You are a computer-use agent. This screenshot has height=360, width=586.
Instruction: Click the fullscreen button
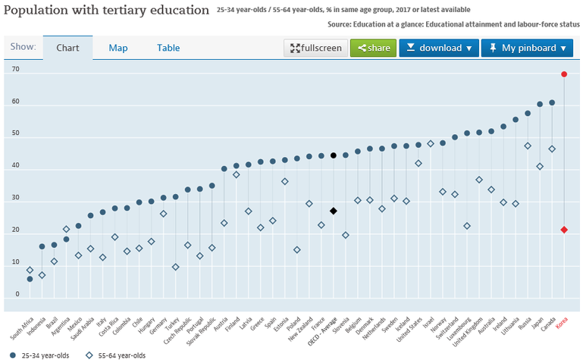tap(315, 48)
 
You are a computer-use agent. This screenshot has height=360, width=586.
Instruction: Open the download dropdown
tap(438, 48)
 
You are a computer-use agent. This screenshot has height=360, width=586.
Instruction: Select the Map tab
tap(118, 48)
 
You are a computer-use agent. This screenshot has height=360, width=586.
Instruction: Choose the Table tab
tap(168, 48)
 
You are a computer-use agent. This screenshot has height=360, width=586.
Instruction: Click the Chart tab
tap(68, 48)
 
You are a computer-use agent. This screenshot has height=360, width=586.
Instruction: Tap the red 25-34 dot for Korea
tap(564, 74)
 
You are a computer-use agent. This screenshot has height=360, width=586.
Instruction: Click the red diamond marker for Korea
tap(564, 230)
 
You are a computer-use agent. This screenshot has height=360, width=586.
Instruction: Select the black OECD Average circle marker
tap(333, 155)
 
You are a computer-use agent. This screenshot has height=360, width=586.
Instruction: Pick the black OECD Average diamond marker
tap(333, 211)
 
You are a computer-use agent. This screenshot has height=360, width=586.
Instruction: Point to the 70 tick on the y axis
tap(14, 69)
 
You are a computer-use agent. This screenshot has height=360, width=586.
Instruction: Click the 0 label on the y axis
tap(17, 294)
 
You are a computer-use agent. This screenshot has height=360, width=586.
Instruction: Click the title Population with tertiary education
tap(106, 11)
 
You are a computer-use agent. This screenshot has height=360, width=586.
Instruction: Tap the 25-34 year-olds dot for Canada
tap(552, 102)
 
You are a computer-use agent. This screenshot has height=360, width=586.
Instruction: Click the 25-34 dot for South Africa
tap(30, 279)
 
